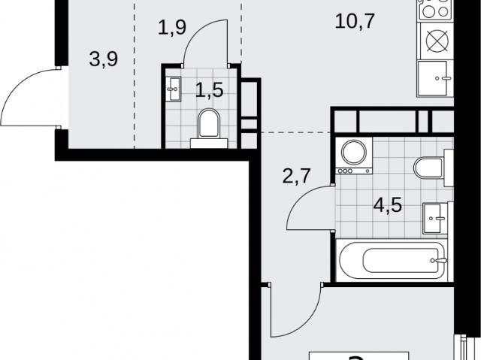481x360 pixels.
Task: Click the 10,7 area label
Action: coord(355,22)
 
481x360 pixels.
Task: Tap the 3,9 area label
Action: coord(104,59)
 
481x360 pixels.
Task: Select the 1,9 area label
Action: coord(172,27)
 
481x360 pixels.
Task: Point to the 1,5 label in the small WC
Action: coord(209,90)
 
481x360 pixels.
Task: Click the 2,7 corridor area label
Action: coord(296,176)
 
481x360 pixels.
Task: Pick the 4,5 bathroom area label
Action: coord(388,205)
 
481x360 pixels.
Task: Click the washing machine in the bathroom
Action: coord(354,156)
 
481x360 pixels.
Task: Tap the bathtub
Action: coord(392,260)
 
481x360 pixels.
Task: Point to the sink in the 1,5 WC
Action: coord(174,89)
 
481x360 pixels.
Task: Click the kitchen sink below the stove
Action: coord(434,79)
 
